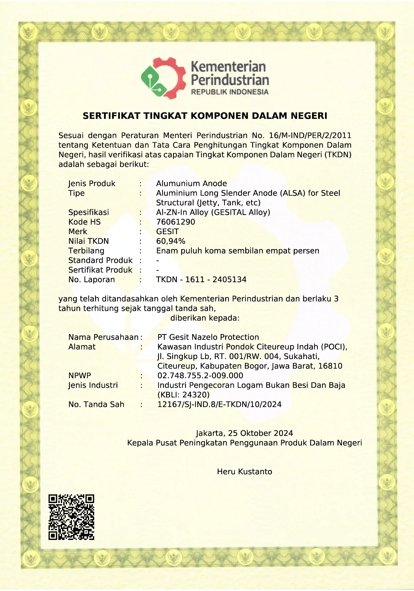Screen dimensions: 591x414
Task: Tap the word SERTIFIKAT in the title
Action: tap(112, 116)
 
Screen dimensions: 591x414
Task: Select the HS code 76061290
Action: tap(175, 222)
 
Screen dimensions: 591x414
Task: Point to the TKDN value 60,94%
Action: tap(170, 241)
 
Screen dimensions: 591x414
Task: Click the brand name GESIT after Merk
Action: tap(167, 232)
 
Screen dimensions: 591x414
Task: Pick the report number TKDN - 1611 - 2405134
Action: tap(201, 280)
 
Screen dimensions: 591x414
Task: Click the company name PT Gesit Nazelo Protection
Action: tap(208, 337)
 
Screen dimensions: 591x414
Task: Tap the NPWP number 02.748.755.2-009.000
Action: tap(200, 376)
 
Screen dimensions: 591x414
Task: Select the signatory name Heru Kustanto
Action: tap(244, 472)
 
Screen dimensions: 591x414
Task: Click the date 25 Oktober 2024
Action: tap(260, 433)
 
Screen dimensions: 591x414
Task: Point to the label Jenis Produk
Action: tap(92, 184)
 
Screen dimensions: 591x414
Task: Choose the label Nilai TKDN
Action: tap(88, 241)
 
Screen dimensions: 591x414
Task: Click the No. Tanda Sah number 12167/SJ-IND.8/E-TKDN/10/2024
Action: tap(219, 404)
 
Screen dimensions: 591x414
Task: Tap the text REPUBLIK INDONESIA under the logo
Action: tap(230, 92)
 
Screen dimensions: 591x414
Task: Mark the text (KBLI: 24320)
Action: tap(183, 395)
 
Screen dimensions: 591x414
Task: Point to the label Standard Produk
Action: tap(100, 260)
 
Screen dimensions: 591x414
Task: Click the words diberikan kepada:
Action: tap(205, 318)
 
